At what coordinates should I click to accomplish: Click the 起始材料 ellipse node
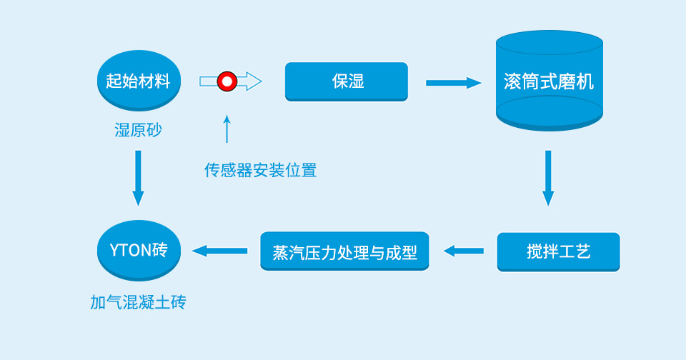pyautogui.click(x=138, y=81)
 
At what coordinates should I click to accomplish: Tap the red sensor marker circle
pyautogui.click(x=227, y=81)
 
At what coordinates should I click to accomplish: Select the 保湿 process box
pyautogui.click(x=347, y=81)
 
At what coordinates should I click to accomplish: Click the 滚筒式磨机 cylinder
pyautogui.click(x=549, y=81)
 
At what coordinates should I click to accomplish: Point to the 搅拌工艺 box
pyautogui.click(x=558, y=251)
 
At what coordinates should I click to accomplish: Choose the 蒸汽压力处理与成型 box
pyautogui.click(x=344, y=251)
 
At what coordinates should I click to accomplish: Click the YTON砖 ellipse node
pyautogui.click(x=138, y=251)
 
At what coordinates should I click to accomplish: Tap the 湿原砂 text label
pyautogui.click(x=138, y=130)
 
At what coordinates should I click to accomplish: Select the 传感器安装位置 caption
pyautogui.click(x=260, y=170)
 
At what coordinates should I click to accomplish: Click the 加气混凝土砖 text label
pyautogui.click(x=138, y=302)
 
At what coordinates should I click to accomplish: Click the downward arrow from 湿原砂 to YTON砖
pyautogui.click(x=138, y=177)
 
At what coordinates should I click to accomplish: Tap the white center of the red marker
pyautogui.click(x=227, y=81)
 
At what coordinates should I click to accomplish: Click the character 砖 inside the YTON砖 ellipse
pyautogui.click(x=159, y=251)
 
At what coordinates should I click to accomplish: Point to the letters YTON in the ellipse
pyautogui.click(x=129, y=251)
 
